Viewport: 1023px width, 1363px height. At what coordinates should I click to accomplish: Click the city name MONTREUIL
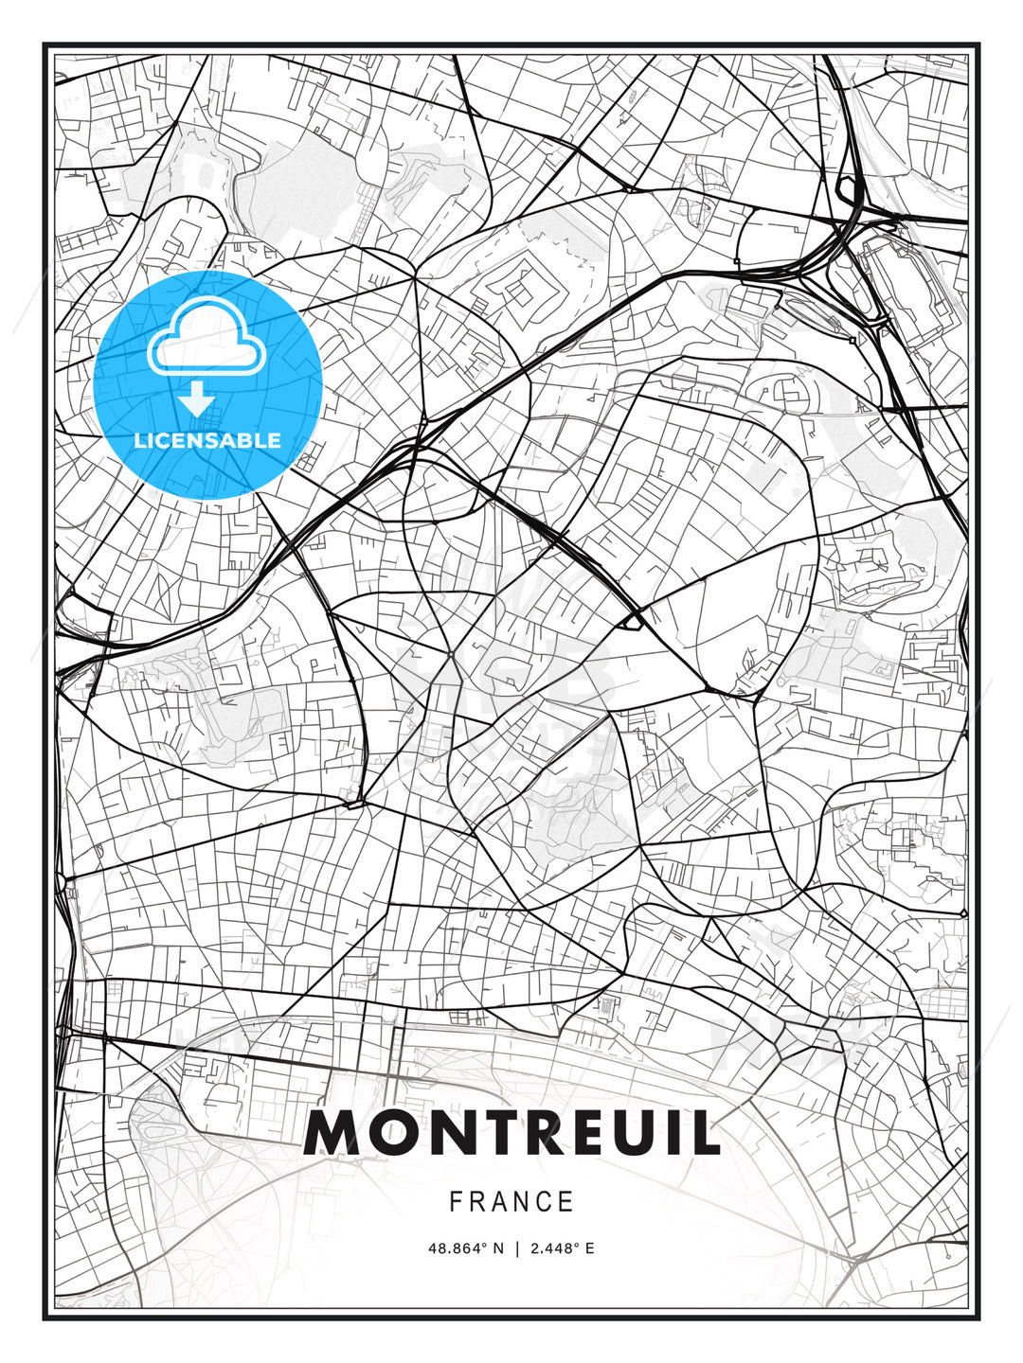coord(511,1132)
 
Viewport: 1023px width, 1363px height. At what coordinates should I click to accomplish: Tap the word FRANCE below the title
coord(511,1202)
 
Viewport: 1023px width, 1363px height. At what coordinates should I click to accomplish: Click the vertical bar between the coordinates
coord(517,1248)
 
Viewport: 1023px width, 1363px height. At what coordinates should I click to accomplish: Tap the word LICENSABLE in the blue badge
coord(207,440)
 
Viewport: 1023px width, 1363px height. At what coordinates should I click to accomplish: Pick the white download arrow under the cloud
coord(197,399)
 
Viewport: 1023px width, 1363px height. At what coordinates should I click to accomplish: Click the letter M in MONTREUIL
coord(331,1132)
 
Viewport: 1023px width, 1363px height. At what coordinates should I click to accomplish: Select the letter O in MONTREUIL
coord(390,1132)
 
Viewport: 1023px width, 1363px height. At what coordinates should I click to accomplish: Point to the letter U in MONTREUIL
coord(639,1132)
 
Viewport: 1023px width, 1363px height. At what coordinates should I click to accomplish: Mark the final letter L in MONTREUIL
coord(707,1132)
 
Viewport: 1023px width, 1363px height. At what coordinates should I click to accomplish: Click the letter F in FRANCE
coord(456,1202)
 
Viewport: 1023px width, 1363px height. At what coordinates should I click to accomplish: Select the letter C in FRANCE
coord(543,1202)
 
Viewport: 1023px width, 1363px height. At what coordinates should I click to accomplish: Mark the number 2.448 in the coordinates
coord(549,1248)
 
